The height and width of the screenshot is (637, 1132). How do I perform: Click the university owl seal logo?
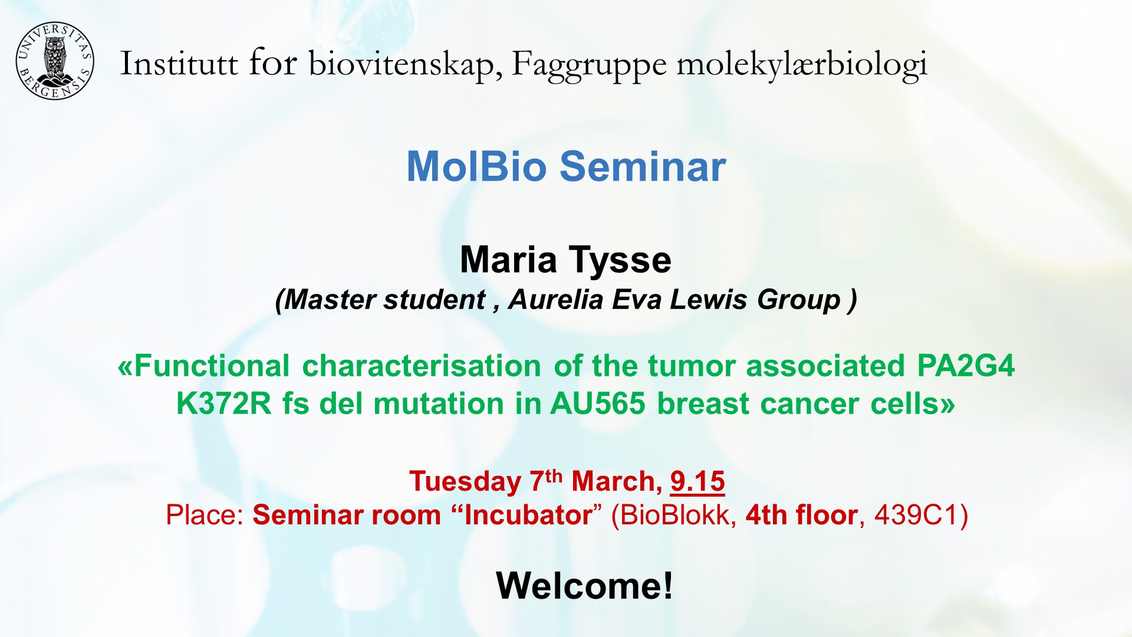pyautogui.click(x=54, y=61)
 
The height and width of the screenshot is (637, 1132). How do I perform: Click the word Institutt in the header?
pyautogui.click(x=179, y=64)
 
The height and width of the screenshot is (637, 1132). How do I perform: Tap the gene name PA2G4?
pyautogui.click(x=966, y=366)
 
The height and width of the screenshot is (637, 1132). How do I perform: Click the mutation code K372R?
pyautogui.click(x=224, y=404)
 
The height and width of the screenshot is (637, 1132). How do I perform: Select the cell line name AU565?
pyautogui.click(x=598, y=404)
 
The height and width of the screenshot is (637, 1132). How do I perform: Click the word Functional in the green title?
pyautogui.click(x=211, y=366)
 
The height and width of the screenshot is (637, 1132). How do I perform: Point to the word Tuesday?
pyautogui.click(x=465, y=481)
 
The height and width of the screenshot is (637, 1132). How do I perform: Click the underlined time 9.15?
pyautogui.click(x=697, y=481)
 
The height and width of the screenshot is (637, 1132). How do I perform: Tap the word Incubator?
pyautogui.click(x=528, y=515)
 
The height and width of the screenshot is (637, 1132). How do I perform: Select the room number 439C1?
pyautogui.click(x=921, y=515)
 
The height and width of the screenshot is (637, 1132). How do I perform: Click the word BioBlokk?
pyautogui.click(x=674, y=515)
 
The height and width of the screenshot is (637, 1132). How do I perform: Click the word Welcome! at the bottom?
pyautogui.click(x=584, y=586)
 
